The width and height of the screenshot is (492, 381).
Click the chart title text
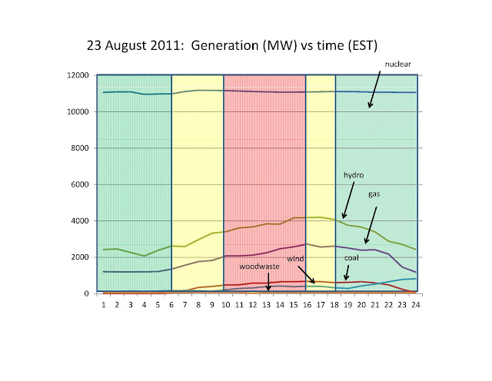click(232, 46)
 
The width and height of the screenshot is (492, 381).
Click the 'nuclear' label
click(397, 64)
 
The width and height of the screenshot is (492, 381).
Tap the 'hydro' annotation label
click(354, 175)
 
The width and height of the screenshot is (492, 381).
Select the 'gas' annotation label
click(374, 194)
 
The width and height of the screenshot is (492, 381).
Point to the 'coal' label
click(351, 258)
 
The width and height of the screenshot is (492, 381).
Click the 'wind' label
click(295, 259)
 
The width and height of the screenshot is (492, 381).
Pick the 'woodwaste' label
click(259, 267)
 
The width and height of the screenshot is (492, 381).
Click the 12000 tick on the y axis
click(78, 75)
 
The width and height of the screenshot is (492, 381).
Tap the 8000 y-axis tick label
click(80, 148)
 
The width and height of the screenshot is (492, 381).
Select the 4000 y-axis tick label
click(80, 220)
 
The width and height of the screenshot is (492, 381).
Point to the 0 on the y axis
click(86, 294)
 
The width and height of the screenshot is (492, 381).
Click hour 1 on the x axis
click(104, 305)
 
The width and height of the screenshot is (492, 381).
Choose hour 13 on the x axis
click(267, 305)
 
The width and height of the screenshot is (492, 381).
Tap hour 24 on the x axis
click(415, 305)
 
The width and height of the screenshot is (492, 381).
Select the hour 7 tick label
click(184, 305)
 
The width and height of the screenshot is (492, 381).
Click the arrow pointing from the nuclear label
click(374, 89)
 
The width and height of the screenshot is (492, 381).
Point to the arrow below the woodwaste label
click(268, 282)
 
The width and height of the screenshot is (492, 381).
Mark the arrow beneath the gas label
click(371, 225)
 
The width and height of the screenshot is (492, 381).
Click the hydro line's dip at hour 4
click(144, 256)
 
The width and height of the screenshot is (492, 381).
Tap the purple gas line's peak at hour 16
click(307, 244)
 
